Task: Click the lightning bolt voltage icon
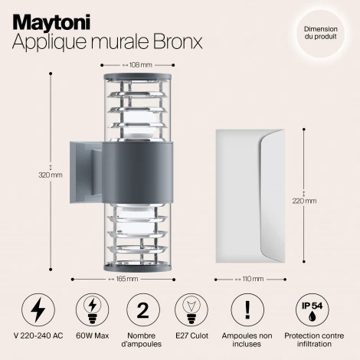point(36,310)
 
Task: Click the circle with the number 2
point(141,310)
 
